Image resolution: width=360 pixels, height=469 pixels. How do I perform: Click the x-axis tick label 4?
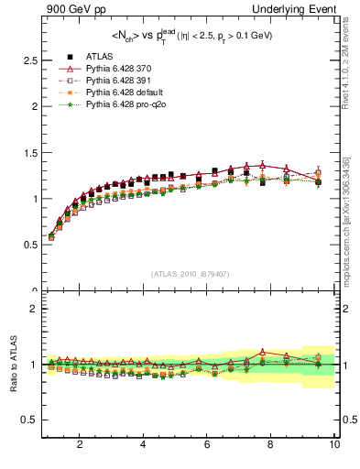[x=143, y=445]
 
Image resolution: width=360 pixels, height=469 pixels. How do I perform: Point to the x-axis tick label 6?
[x=207, y=445]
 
